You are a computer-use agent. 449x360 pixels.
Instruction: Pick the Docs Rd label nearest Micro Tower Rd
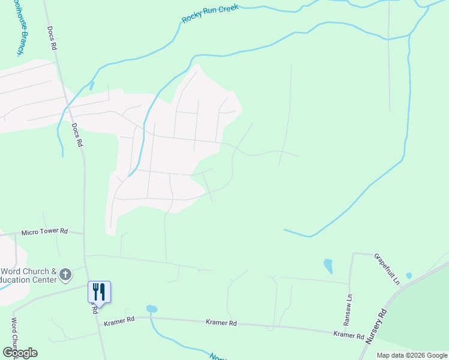[x=77, y=136]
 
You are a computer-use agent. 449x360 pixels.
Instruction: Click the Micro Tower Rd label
[x=45, y=232]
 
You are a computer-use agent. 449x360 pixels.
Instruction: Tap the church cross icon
[x=65, y=275]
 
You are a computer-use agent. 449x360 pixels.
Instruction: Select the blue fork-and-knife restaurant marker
[x=99, y=292]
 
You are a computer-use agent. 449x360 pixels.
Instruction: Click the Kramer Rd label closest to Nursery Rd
[x=349, y=334]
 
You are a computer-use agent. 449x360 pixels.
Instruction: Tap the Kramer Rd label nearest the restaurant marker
[x=119, y=321]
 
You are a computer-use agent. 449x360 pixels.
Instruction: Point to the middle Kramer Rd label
[x=221, y=323]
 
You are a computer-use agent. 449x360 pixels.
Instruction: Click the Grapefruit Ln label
[x=387, y=268]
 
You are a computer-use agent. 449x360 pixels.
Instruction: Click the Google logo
[x=20, y=353]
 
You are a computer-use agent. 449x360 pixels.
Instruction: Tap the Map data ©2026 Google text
[x=412, y=355]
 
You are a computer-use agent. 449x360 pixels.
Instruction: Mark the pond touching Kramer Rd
[x=151, y=309]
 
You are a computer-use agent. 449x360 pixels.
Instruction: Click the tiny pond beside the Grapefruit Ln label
[x=409, y=275]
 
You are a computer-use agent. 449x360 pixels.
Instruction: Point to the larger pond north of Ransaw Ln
[x=328, y=265]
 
